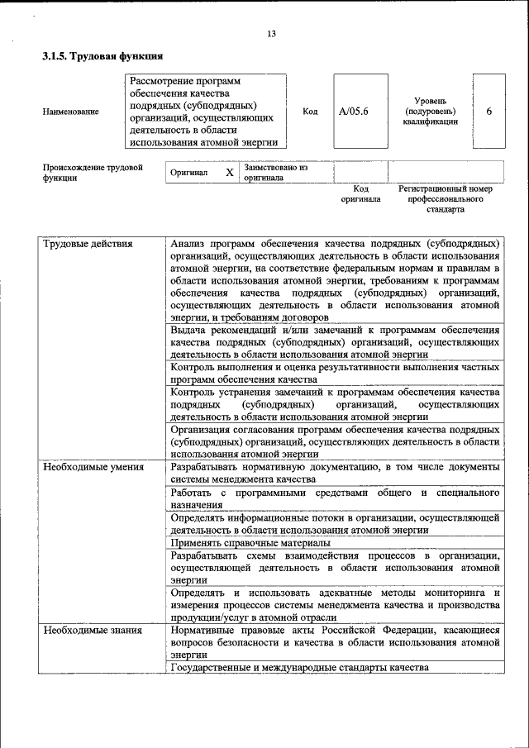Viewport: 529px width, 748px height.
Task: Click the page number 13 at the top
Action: click(x=271, y=34)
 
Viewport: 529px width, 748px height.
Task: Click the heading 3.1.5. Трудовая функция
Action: click(x=102, y=57)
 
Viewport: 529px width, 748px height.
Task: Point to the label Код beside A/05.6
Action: click(x=310, y=112)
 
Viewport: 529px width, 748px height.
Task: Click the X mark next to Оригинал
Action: click(x=230, y=173)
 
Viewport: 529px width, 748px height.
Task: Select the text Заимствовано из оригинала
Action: click(x=275, y=172)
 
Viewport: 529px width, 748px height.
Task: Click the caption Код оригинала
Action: click(x=360, y=194)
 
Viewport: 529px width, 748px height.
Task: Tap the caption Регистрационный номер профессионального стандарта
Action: click(x=445, y=199)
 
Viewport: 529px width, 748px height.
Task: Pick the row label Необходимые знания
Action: click(x=92, y=631)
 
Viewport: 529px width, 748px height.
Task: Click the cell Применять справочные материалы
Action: click(x=250, y=543)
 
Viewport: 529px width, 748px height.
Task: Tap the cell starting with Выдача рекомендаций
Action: click(x=334, y=341)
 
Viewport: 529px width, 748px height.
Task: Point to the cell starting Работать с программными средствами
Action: click(x=334, y=498)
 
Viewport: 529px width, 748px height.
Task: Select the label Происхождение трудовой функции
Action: click(x=93, y=172)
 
